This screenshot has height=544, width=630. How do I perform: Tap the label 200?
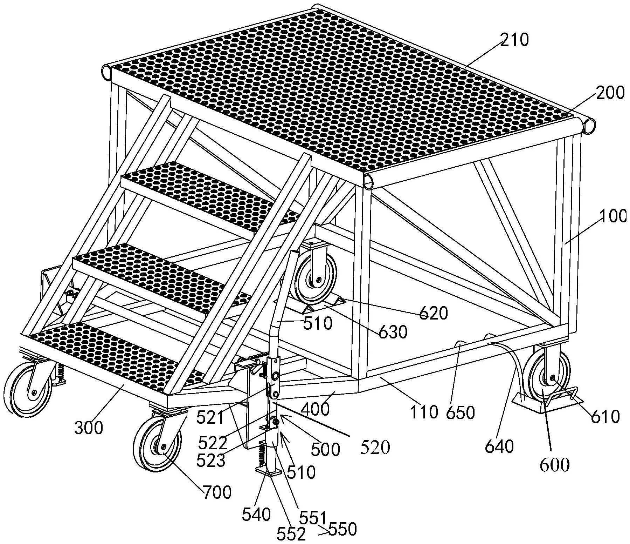(610, 93)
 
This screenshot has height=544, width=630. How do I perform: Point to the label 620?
(434, 313)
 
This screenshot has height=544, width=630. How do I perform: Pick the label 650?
(460, 413)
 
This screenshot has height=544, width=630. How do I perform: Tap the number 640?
(499, 447)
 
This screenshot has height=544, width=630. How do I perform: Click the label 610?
(605, 417)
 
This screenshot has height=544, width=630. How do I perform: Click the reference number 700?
(217, 492)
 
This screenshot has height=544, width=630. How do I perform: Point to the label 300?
(89, 428)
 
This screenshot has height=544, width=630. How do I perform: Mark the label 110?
(424, 412)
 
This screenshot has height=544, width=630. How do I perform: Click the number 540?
(257, 515)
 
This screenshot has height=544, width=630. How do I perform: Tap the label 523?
(211, 461)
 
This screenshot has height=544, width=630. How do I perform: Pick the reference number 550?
(342, 529)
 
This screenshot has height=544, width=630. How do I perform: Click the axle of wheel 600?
(552, 378)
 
